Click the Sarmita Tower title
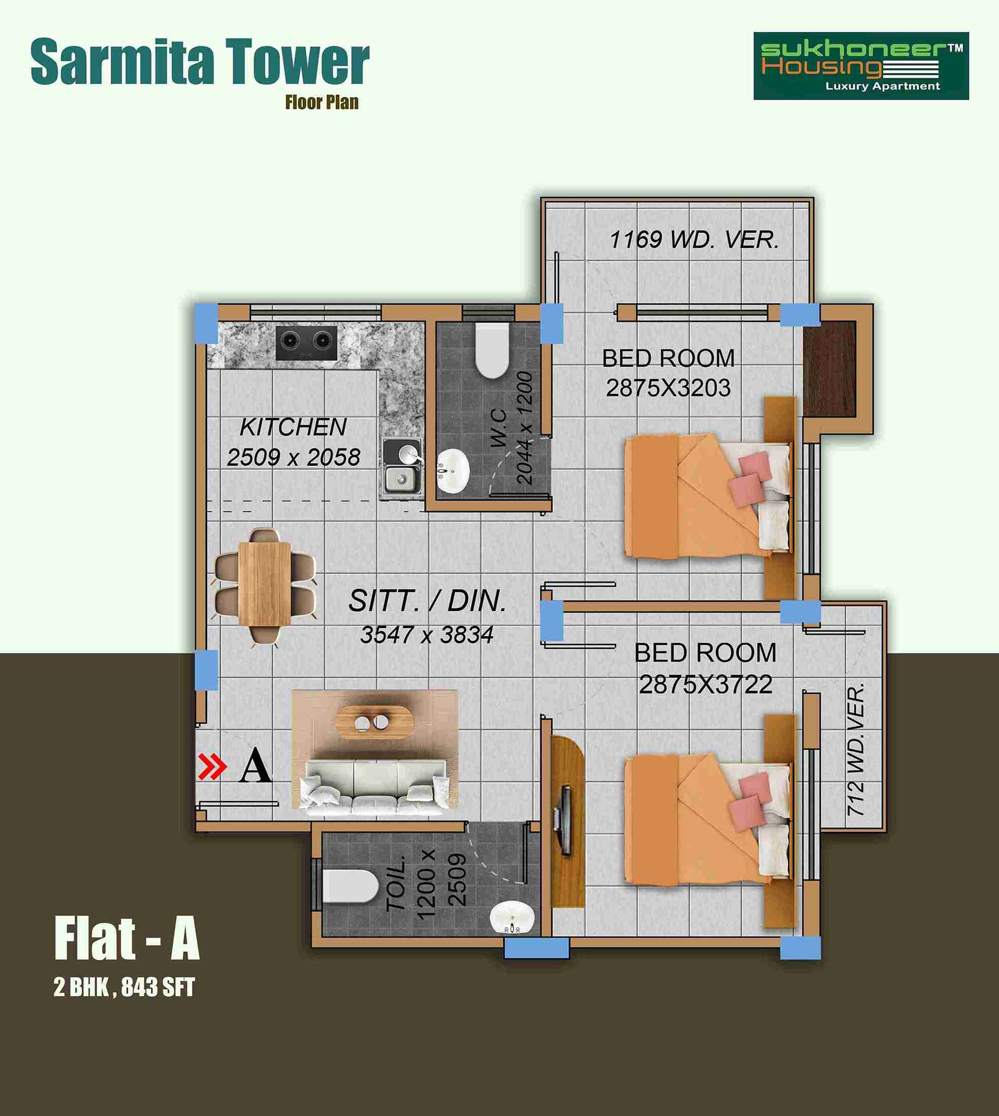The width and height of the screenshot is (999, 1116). pos(200,61)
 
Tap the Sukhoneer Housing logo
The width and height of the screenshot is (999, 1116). pos(861,66)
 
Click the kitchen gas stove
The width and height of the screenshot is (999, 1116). pos(306,343)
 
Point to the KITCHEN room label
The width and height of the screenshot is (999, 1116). pos(293,427)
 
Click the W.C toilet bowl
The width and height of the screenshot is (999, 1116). pos(491,350)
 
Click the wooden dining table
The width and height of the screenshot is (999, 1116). pos(265,584)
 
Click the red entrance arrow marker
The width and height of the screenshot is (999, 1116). pos(212,767)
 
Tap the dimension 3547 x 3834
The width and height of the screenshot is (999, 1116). pos(427,635)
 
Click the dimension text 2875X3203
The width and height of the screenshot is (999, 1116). pos(668,388)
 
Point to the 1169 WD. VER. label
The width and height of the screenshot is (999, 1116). pos(694,239)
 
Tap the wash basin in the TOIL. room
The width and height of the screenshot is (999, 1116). pos(511,918)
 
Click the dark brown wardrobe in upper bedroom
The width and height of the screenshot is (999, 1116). pos(829,369)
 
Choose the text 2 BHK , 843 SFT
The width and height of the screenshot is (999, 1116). pos(124,987)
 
